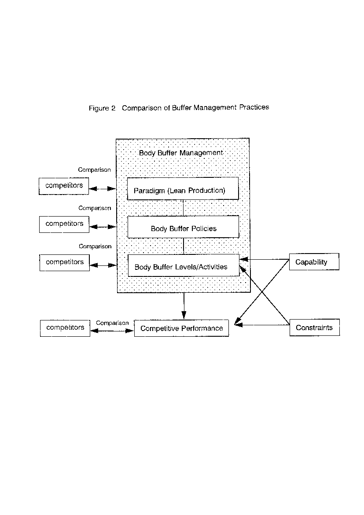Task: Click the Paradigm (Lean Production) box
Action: pyautogui.click(x=183, y=188)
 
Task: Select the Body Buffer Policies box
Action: pyautogui.click(x=183, y=227)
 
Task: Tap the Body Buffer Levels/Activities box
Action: pyautogui.click(x=183, y=265)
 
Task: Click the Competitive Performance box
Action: pyautogui.click(x=181, y=328)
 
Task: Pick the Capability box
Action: pyautogui.click(x=314, y=262)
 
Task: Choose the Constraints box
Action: pyautogui.click(x=315, y=327)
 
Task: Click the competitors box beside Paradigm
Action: pyautogui.click(x=64, y=186)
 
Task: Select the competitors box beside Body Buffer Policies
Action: pyautogui.click(x=64, y=224)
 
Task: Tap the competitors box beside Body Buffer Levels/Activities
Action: pyautogui.click(x=64, y=262)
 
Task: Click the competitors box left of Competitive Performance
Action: pyautogui.click(x=65, y=328)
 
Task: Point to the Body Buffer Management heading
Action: pyautogui.click(x=181, y=153)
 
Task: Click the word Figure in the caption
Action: pyautogui.click(x=99, y=108)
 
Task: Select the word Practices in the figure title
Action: pyautogui.click(x=254, y=107)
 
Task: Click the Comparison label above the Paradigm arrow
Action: pyautogui.click(x=94, y=170)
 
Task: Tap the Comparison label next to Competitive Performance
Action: pyautogui.click(x=112, y=323)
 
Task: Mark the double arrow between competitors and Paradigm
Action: pyautogui.click(x=103, y=188)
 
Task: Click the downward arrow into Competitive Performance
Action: pyautogui.click(x=184, y=306)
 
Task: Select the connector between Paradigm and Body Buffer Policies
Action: pyautogui.click(x=183, y=208)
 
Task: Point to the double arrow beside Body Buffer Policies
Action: pyautogui.click(x=103, y=227)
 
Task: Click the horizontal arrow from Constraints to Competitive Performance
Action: pyautogui.click(x=262, y=325)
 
